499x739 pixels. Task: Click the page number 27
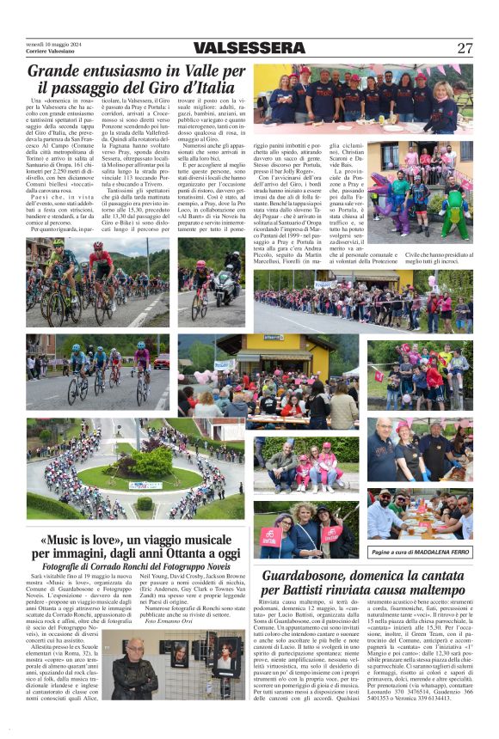465,48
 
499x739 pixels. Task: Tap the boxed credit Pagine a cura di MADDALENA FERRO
420,552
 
